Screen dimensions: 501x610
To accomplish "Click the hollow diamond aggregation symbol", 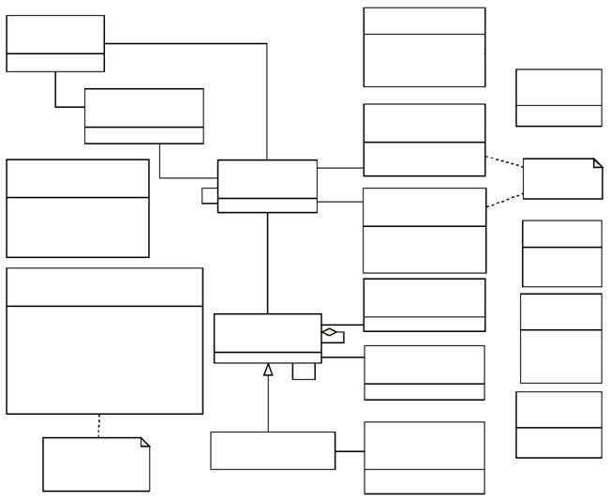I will click(329, 332).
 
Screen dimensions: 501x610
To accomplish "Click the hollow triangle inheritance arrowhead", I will click(268, 370).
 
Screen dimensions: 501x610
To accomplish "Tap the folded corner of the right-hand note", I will click(597, 163).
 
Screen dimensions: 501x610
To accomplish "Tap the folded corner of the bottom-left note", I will click(144, 442).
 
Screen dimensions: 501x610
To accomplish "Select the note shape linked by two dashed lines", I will click(561, 179).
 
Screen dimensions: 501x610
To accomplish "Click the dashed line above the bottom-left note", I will click(98, 426).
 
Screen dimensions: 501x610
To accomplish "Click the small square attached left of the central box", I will click(209, 195).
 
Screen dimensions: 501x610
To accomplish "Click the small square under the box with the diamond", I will click(303, 372).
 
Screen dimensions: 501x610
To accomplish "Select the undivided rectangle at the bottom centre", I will click(273, 450).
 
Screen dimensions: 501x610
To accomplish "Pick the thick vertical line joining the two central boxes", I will click(267, 263).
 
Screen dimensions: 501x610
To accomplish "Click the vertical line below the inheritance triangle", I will click(268, 403).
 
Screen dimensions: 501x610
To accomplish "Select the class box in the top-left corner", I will click(55, 43).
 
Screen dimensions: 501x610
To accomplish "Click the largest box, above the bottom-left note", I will click(104, 341).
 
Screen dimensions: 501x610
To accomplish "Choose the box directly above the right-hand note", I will click(558, 98).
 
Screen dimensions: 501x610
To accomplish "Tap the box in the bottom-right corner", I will click(558, 424).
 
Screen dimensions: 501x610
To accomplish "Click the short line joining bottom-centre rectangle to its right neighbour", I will click(350, 451).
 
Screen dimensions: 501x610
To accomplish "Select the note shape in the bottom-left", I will click(96, 464).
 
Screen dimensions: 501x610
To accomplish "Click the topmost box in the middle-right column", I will click(424, 47).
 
